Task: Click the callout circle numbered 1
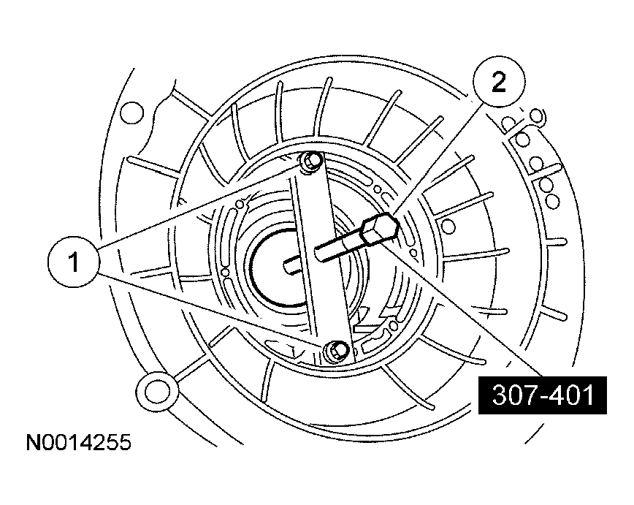click(74, 261)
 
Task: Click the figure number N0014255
click(78, 443)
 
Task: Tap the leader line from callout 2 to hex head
click(438, 154)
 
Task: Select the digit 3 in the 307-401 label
click(499, 396)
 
